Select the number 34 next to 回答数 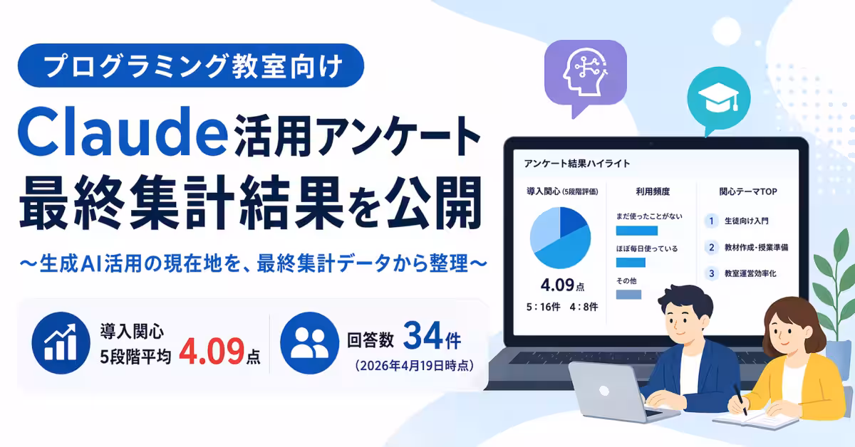point(419,337)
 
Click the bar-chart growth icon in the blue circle point(59,342)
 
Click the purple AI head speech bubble point(584,73)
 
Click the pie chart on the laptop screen point(560,238)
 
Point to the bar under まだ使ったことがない point(636,231)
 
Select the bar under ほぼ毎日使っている point(630,263)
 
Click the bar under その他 point(628,294)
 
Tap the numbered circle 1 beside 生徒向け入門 point(710,221)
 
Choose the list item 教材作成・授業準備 point(755,248)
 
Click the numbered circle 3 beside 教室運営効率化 point(710,273)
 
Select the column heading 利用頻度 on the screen point(653,191)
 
